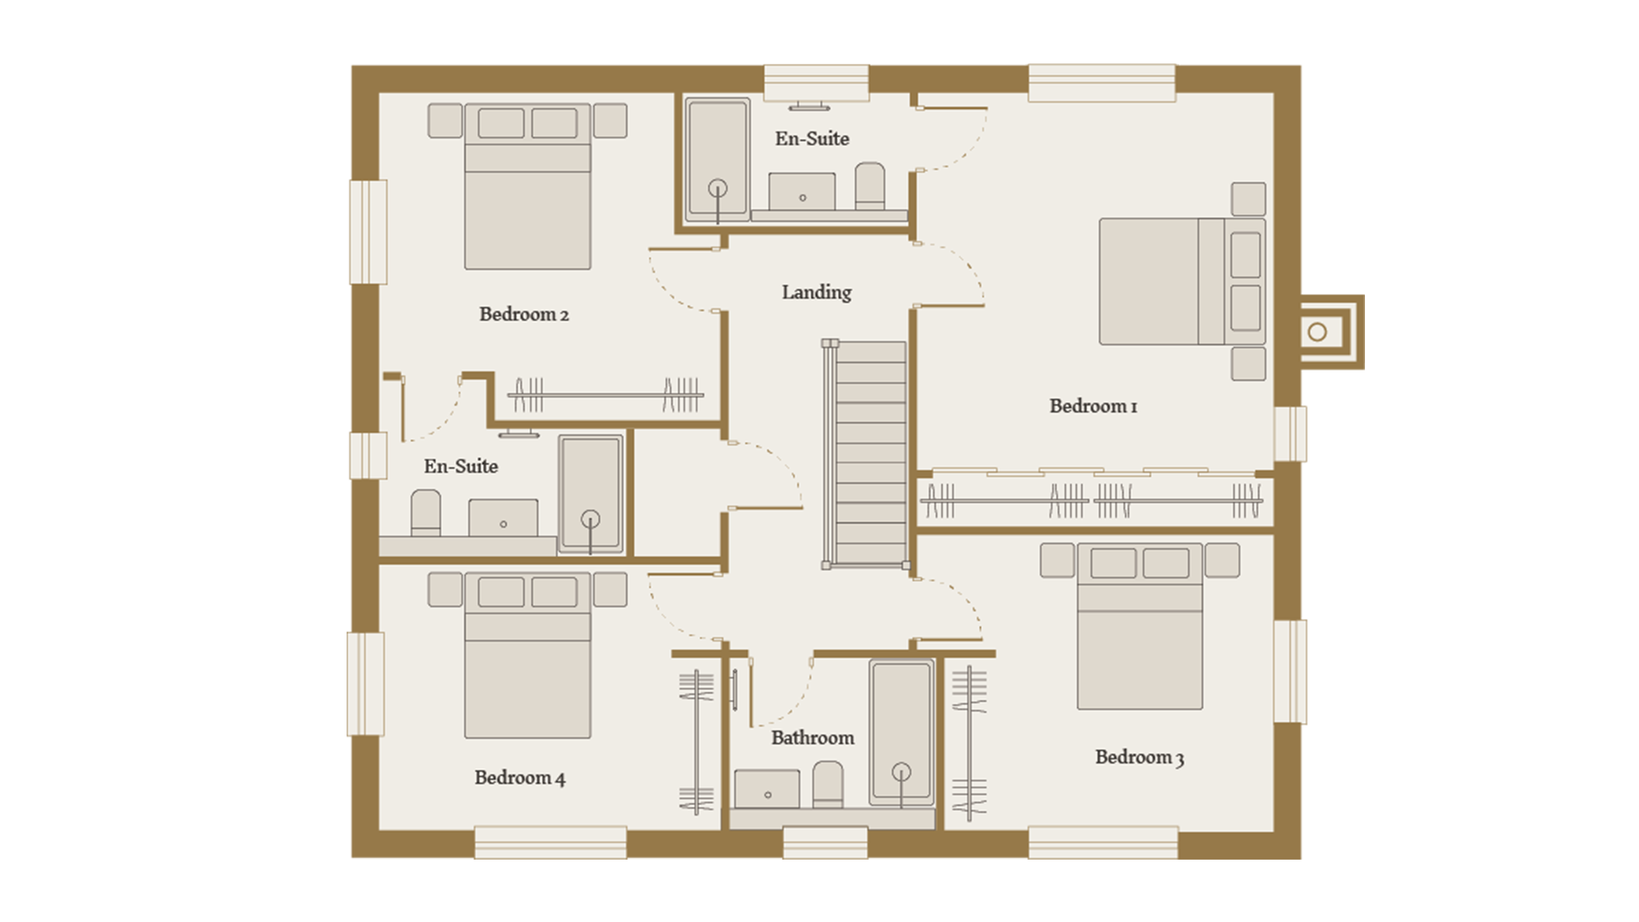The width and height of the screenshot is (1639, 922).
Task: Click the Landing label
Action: [816, 293]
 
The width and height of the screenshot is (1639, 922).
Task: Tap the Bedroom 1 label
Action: [1093, 406]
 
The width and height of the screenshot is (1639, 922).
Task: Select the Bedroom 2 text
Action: [523, 314]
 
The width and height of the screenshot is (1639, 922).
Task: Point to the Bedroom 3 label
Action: [1139, 757]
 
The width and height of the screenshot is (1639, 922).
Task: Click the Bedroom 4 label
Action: [519, 778]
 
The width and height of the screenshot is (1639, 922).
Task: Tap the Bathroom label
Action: [812, 738]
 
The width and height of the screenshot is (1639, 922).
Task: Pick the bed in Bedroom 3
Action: [1140, 627]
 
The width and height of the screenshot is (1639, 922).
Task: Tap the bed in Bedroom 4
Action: [528, 655]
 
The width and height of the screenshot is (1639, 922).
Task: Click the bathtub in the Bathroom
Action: [901, 733]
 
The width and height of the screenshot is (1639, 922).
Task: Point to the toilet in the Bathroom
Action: [827, 784]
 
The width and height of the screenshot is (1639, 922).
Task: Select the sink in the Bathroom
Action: [767, 789]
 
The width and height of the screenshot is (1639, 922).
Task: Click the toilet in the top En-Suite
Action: [870, 185]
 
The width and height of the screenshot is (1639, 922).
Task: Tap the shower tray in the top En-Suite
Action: [718, 159]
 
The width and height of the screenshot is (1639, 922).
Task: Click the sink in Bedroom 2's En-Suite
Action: [503, 518]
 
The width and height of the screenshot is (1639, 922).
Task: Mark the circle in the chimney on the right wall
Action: [1317, 332]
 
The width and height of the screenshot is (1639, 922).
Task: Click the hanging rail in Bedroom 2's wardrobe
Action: [605, 396]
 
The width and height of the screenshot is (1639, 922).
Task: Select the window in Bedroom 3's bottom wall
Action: [1103, 843]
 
